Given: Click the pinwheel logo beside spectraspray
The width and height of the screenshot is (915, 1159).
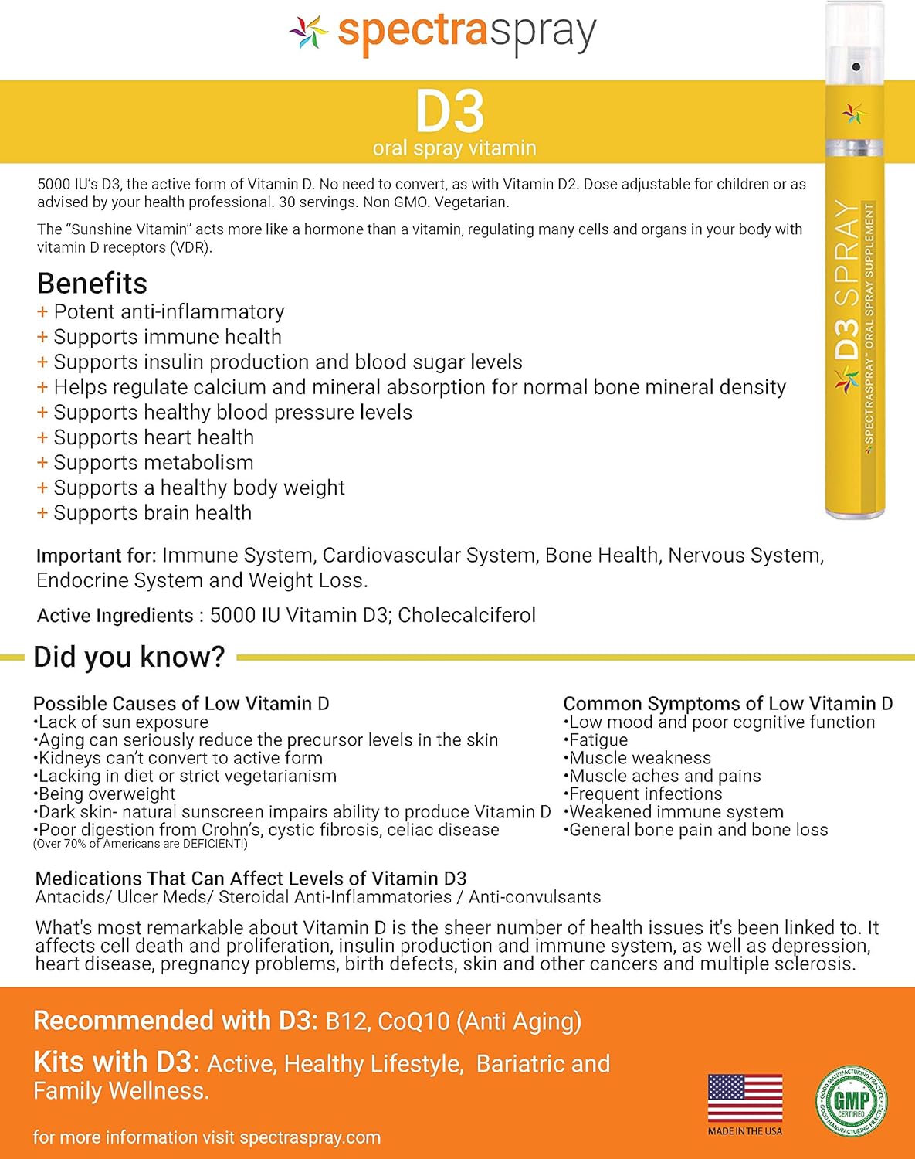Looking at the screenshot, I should point(309,32).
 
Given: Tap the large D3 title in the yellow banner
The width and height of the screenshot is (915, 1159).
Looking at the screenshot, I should point(450,113).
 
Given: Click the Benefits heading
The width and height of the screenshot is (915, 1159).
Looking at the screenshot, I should point(92,284).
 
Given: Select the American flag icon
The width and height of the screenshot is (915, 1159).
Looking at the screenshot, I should point(745,1098).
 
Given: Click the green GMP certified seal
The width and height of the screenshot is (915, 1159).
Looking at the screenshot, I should point(852,1100).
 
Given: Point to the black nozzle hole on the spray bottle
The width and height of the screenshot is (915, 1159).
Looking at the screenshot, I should point(856,67).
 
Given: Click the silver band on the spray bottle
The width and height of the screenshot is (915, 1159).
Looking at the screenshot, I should point(855,147).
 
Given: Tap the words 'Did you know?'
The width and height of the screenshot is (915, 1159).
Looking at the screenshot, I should point(129,657).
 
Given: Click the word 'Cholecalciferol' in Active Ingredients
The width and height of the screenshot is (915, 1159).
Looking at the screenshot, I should point(466,615).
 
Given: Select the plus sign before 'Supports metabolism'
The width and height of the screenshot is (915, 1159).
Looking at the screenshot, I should point(42,463).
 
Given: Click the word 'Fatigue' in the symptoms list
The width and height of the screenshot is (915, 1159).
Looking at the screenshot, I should point(598,740).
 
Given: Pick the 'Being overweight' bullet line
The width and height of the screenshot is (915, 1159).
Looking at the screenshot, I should point(105,794).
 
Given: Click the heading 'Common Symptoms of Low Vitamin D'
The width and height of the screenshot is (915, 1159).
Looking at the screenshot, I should point(727,703).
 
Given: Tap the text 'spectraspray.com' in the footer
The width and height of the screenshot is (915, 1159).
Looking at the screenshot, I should point(310,1137).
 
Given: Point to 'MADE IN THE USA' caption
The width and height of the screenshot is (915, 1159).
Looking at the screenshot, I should point(745,1131).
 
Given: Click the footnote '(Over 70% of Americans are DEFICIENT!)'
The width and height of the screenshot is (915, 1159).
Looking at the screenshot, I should point(141,844).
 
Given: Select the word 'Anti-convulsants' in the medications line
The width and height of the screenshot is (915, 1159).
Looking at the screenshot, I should point(534,897).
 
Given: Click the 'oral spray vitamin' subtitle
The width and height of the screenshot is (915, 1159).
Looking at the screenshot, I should point(454,148).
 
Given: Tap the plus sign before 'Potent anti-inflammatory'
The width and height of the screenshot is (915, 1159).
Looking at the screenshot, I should point(42,312).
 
